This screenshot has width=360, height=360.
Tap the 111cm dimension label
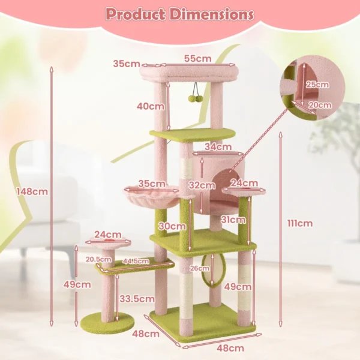point(300,224)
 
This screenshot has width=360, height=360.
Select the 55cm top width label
point(197,58)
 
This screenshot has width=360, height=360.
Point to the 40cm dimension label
point(150,106)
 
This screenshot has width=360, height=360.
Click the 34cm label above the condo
point(218,146)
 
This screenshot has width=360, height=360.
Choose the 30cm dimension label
point(172,226)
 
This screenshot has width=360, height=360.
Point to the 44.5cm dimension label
point(136,261)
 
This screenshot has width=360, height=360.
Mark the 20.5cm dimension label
point(98,259)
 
